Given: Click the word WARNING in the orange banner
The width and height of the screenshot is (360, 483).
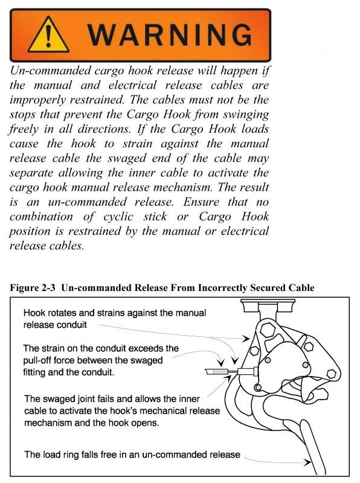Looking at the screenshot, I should click(x=173, y=31).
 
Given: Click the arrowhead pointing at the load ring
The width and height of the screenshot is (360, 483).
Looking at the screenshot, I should click(x=308, y=462).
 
